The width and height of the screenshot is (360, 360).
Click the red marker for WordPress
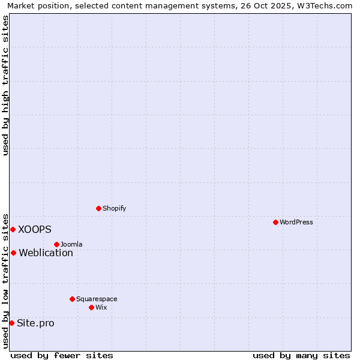tap(275, 222)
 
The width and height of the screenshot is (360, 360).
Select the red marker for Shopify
tap(98, 208)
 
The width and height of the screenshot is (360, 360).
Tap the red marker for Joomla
tap(56, 244)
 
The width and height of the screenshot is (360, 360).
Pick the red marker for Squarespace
tap(72, 299)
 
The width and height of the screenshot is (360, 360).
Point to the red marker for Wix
tap(91, 307)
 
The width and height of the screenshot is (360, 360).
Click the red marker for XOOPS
tap(13, 229)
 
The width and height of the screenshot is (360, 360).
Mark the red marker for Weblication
tap(13, 253)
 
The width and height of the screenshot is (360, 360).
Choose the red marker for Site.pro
tap(11, 323)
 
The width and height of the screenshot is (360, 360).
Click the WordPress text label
tap(296, 222)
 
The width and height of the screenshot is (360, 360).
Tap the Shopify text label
tap(114, 208)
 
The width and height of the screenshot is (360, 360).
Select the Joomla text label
tap(71, 244)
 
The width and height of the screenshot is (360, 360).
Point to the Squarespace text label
tap(97, 299)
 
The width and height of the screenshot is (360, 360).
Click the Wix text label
tap(101, 307)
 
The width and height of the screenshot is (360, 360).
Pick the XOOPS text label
tap(35, 229)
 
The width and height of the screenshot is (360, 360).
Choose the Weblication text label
tap(46, 253)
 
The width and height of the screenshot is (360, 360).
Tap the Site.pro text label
tap(35, 323)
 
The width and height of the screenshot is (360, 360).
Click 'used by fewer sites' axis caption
tap(62, 355)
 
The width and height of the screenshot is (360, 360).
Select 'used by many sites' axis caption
tap(301, 355)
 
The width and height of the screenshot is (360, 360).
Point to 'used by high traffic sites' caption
tap(5, 85)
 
